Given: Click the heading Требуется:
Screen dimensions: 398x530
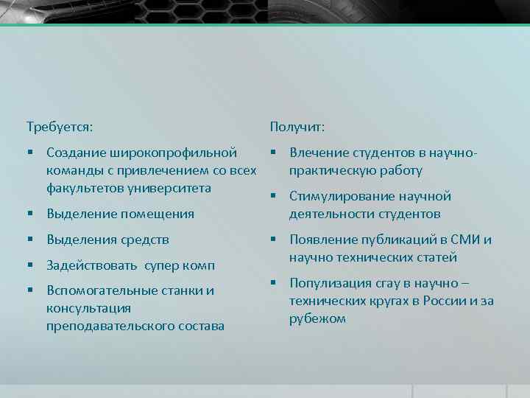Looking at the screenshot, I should pyautogui.click(x=60, y=127).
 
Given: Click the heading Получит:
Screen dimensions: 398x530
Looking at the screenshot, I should pyautogui.click(x=297, y=127).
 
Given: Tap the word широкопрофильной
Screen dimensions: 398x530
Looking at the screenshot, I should pyautogui.click(x=174, y=153).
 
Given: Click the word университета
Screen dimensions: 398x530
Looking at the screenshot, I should pyautogui.click(x=170, y=188).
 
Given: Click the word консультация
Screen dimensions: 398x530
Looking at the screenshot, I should pyautogui.click(x=88, y=308).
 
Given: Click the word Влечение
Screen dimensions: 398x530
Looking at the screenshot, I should pyautogui.click(x=318, y=153).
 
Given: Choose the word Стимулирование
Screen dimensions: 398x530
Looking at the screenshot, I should pyautogui.click(x=339, y=196).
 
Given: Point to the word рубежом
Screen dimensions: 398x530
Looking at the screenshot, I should pyautogui.click(x=317, y=318).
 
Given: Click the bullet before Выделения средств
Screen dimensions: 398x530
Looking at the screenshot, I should pyautogui.click(x=30, y=240).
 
